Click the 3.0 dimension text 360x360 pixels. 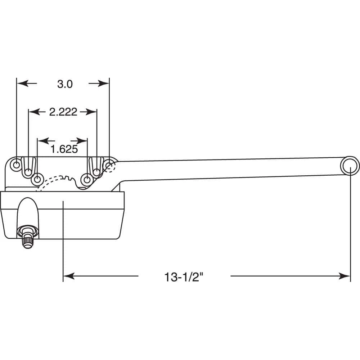pyautogui.click(x=65, y=84)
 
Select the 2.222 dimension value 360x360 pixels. pyautogui.click(x=63, y=112)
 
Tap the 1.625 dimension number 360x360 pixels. pyautogui.click(x=64, y=149)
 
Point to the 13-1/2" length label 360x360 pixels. pyautogui.click(x=184, y=277)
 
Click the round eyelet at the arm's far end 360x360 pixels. pyautogui.click(x=349, y=166)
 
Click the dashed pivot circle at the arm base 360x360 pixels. pyautogui.click(x=109, y=165)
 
